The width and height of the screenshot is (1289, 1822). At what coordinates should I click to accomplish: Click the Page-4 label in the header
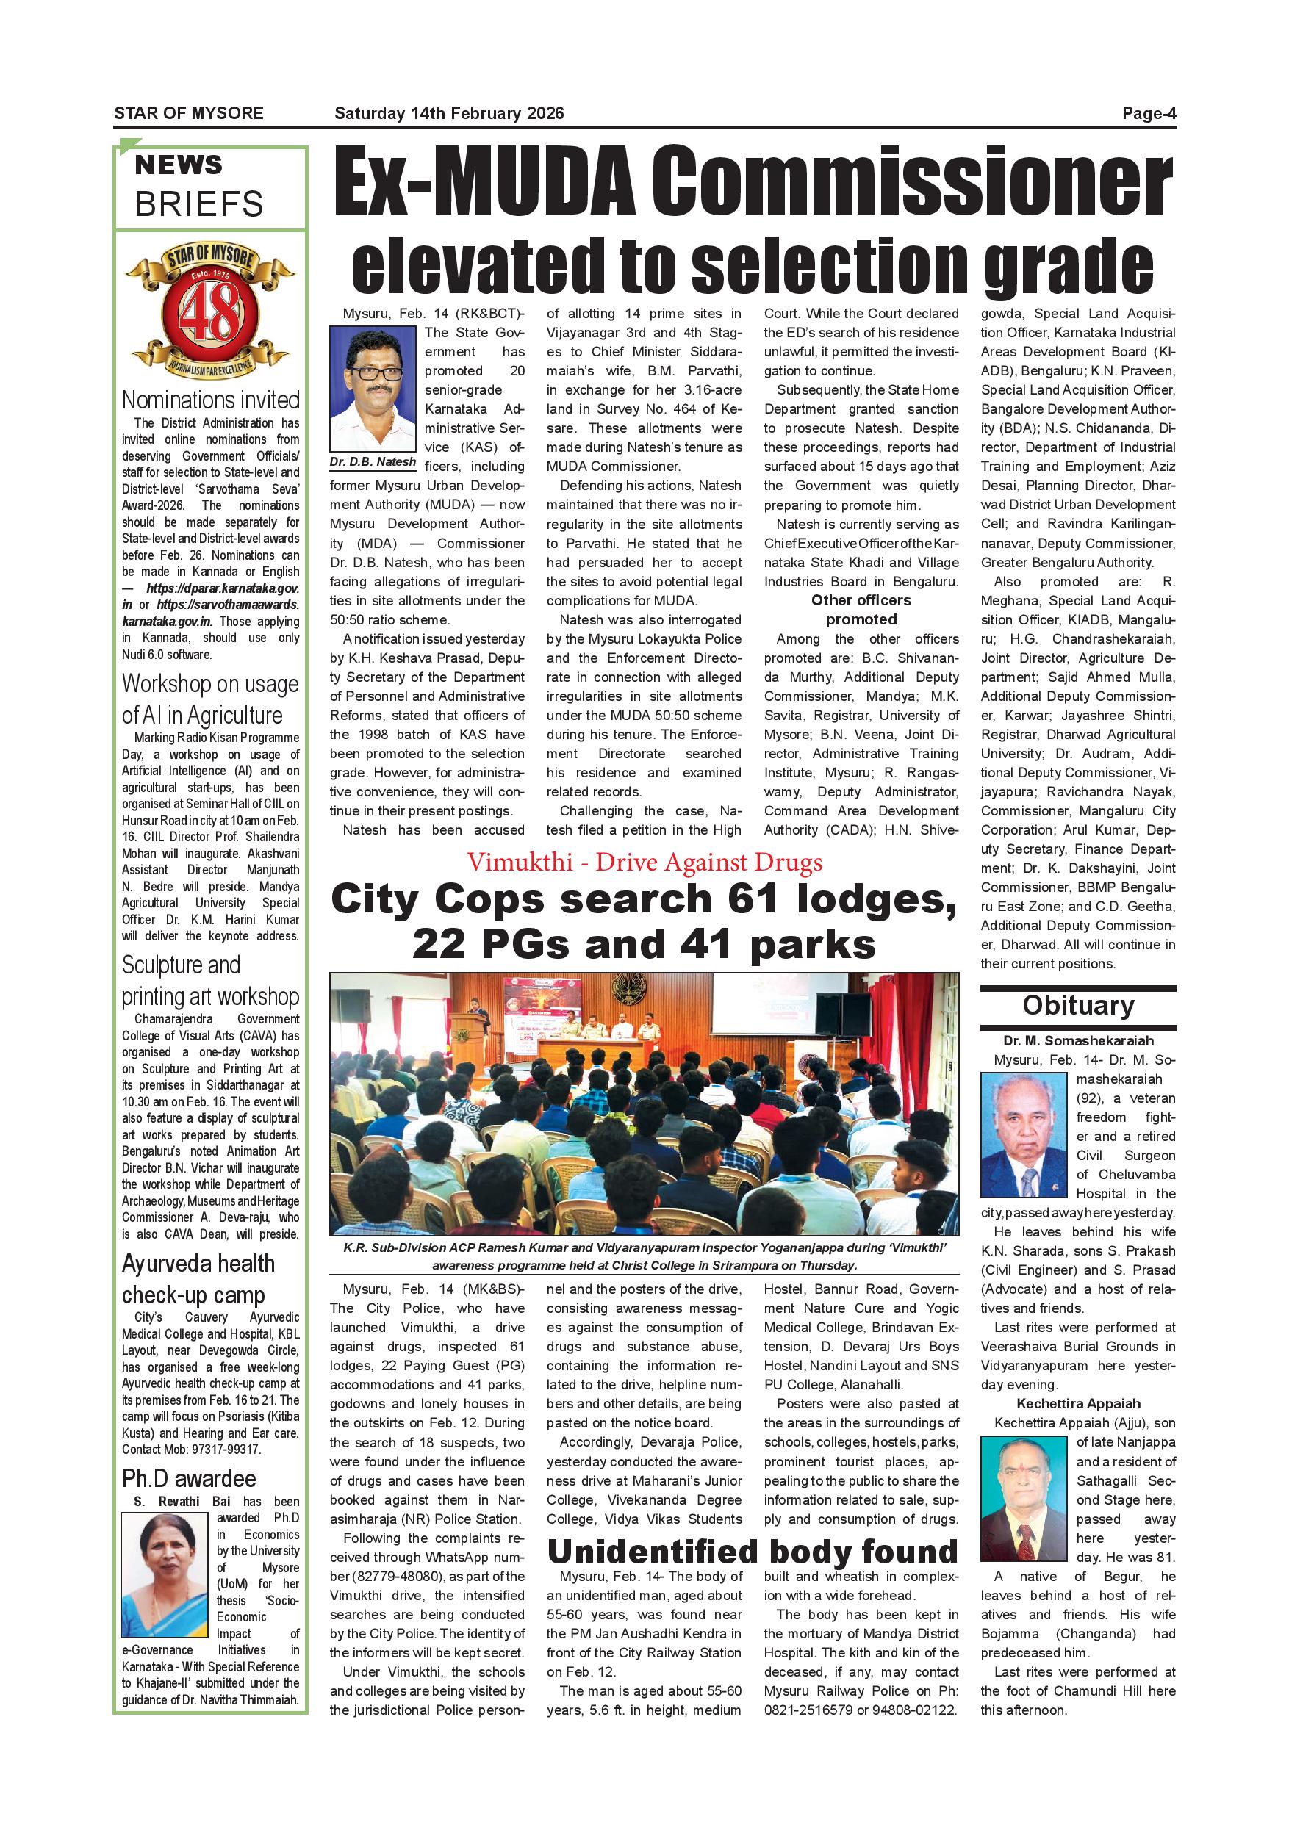click(x=1149, y=113)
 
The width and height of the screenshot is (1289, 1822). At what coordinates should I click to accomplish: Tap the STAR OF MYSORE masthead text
click(x=189, y=113)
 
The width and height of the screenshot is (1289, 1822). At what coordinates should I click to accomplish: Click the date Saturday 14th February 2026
click(x=448, y=113)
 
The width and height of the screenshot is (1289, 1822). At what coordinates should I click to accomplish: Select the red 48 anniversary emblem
click(x=210, y=313)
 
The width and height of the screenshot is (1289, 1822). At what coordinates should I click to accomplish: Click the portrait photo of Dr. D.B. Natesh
click(x=373, y=389)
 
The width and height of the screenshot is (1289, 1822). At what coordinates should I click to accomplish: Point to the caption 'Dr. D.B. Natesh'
click(x=373, y=462)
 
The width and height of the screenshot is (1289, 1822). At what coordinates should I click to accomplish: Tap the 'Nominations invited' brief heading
click(x=210, y=399)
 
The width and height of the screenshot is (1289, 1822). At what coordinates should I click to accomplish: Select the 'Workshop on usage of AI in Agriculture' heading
click(x=210, y=699)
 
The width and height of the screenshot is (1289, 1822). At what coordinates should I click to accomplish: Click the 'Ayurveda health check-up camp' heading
click(x=198, y=1278)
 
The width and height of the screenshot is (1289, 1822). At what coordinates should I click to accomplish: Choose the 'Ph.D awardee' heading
click(x=189, y=1478)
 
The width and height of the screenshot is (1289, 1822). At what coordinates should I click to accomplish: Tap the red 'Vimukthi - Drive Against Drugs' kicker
click(x=644, y=863)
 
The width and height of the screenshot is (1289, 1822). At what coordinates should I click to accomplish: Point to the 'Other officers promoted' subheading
click(x=861, y=610)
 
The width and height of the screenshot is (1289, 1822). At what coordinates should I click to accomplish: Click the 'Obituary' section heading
click(x=1078, y=1006)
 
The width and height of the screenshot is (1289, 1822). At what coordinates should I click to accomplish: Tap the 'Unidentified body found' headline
click(x=753, y=1552)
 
